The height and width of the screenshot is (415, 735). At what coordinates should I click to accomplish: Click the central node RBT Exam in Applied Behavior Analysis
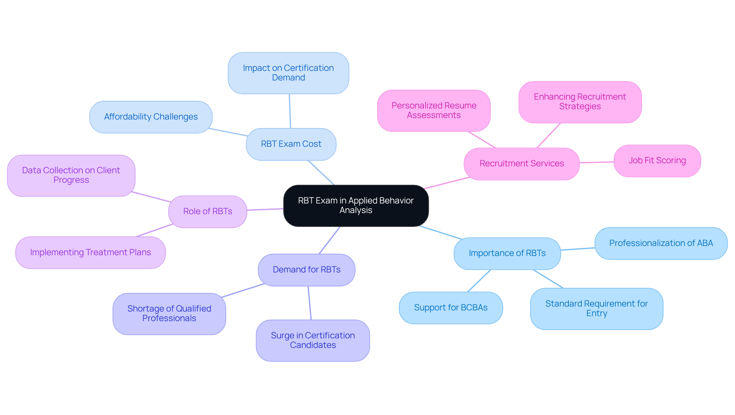pos(356,206)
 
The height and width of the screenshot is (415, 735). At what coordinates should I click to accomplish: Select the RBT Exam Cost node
pos(291,144)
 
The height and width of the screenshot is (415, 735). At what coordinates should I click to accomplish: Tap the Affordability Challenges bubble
pos(151,117)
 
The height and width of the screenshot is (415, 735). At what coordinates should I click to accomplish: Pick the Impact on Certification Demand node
pos(288,73)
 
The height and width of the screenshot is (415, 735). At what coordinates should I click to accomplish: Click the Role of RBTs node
pos(207,212)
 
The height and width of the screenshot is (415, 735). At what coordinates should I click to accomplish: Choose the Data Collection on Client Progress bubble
pos(71,176)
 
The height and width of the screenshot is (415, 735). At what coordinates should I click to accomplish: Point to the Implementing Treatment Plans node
pos(90,253)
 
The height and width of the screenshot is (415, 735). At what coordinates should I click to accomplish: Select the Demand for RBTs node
pos(306,270)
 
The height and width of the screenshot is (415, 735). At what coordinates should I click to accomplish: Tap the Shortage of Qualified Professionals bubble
pos(169,314)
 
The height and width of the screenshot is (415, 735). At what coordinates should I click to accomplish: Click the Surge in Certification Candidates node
pos(313,340)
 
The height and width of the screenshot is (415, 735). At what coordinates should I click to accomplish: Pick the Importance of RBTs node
pos(507,253)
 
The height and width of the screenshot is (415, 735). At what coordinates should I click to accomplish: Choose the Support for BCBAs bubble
pos(451,308)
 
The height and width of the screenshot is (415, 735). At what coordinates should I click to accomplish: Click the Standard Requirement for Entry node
pos(596,308)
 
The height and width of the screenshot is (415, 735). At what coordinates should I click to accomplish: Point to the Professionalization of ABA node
pos(661,243)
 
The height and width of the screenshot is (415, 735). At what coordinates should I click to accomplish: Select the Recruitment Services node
pos(521,164)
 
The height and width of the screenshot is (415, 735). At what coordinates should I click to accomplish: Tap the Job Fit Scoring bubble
pos(657,161)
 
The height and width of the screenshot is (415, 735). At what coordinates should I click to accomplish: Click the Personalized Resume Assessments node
pos(434,110)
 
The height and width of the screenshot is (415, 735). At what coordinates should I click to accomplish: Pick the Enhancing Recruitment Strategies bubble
pos(580,102)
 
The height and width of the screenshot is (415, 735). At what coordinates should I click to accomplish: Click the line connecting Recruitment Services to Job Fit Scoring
pos(596,162)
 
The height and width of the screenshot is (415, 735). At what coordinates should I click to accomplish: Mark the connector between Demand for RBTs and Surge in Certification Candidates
pos(310,303)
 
